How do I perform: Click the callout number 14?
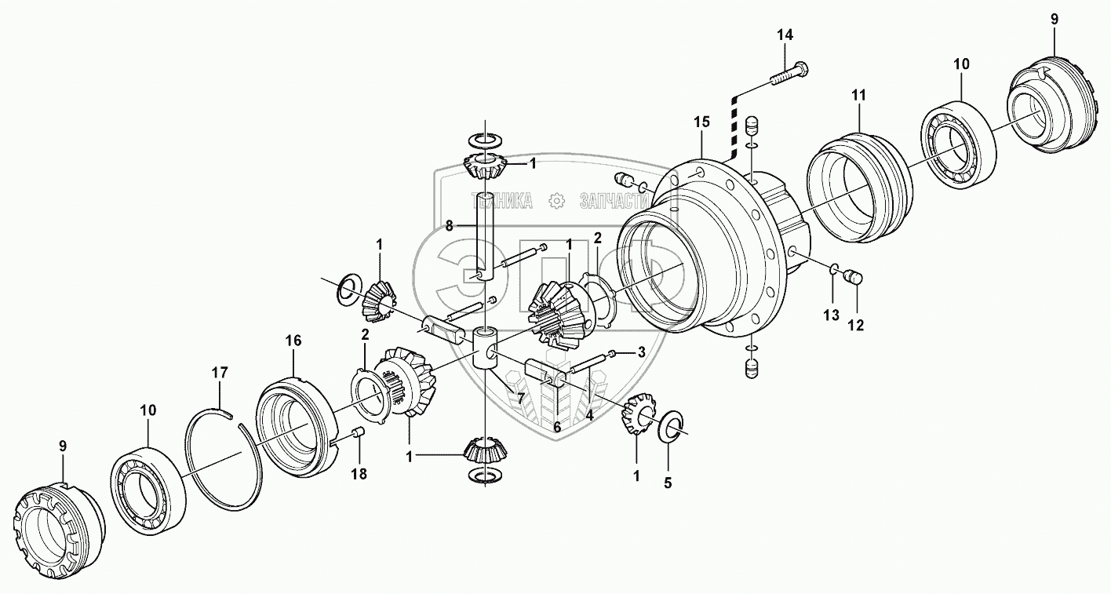[x=785, y=35]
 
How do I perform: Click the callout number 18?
[x=360, y=475]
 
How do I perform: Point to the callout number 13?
[x=831, y=315]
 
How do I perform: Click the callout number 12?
[x=855, y=325]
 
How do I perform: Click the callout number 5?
[x=668, y=483]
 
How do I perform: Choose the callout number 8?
[x=450, y=225]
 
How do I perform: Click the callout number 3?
[x=641, y=352]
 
